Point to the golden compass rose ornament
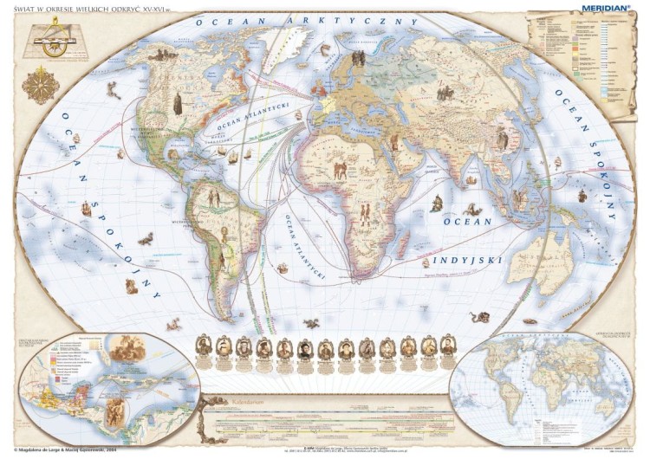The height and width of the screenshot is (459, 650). (40, 85)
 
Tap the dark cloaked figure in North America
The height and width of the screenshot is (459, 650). (177, 103)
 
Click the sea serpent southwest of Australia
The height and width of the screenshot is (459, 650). (479, 317)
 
